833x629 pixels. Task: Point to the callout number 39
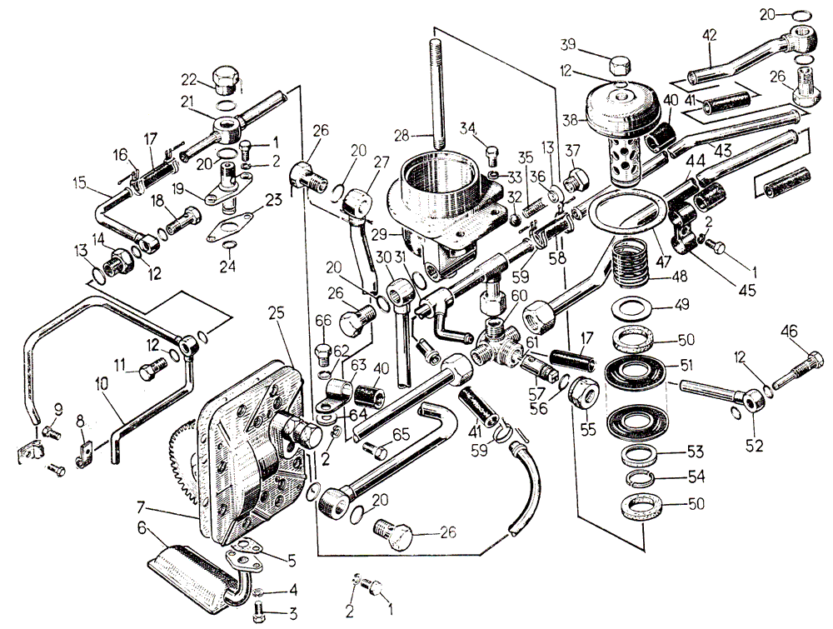pos(591,43)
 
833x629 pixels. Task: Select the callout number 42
pos(710,36)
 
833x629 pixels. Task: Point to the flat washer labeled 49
pos(632,308)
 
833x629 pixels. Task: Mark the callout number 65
pos(402,434)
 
